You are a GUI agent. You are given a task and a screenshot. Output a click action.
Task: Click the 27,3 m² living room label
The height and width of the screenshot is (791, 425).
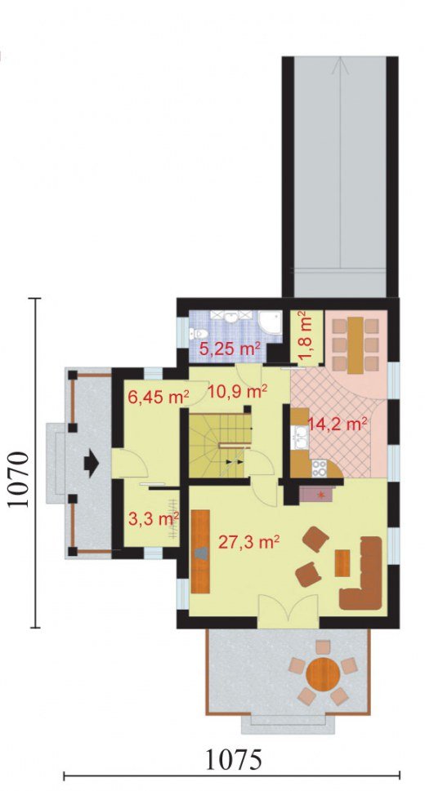click(x=249, y=543)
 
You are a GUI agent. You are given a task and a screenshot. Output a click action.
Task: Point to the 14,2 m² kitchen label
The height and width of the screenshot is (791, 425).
click(x=337, y=424)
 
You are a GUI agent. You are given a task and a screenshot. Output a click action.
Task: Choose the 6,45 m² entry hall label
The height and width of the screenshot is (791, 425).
click(x=159, y=397)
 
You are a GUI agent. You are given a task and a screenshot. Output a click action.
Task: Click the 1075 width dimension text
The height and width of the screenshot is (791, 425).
click(x=234, y=760)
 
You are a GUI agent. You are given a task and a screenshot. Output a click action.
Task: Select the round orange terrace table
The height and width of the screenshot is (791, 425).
click(x=323, y=673)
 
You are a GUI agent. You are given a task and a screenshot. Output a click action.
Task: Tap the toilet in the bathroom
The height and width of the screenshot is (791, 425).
click(x=199, y=334)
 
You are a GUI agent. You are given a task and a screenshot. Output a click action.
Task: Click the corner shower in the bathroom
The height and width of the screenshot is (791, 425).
click(x=270, y=323)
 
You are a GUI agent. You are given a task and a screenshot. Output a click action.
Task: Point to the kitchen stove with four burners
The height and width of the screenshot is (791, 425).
click(x=320, y=469)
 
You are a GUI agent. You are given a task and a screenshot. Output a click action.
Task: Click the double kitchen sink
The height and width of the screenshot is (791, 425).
click(x=301, y=438)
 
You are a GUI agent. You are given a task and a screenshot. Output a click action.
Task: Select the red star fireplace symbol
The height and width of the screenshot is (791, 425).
click(x=320, y=495)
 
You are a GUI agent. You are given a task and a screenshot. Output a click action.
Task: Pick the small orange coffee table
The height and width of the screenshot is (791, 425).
click(x=342, y=563)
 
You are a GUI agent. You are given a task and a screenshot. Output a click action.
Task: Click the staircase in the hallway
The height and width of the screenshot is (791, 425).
click(x=220, y=446)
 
